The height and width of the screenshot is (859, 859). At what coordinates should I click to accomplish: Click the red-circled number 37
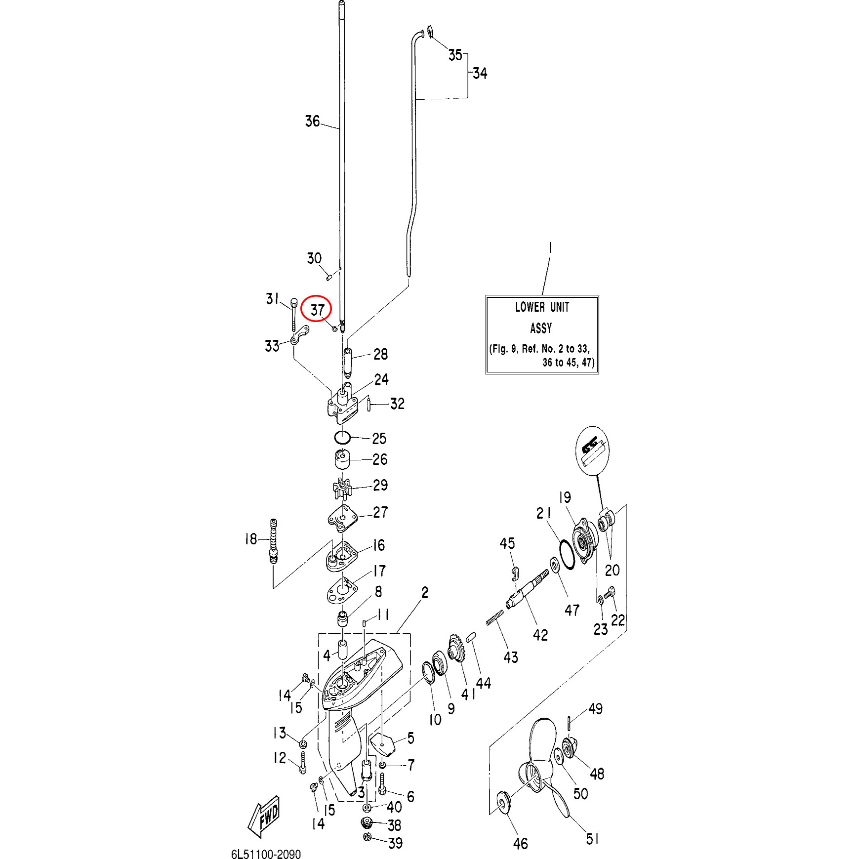tap(317, 310)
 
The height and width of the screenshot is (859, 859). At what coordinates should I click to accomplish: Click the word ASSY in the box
tap(541, 328)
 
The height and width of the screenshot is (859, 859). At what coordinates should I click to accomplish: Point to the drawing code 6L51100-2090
tap(266, 854)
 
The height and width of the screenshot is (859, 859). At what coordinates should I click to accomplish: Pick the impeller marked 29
tap(342, 488)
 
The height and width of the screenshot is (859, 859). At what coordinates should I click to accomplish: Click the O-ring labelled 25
tap(342, 437)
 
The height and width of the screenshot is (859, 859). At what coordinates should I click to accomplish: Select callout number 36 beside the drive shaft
tap(312, 121)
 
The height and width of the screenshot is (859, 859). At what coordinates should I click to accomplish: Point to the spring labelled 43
tap(495, 617)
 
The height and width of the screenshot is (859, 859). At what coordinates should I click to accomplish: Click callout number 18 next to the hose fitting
tap(251, 539)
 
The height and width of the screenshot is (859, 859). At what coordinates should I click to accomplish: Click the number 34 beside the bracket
tap(480, 73)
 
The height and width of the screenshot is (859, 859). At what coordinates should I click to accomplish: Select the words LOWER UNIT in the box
tap(542, 307)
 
